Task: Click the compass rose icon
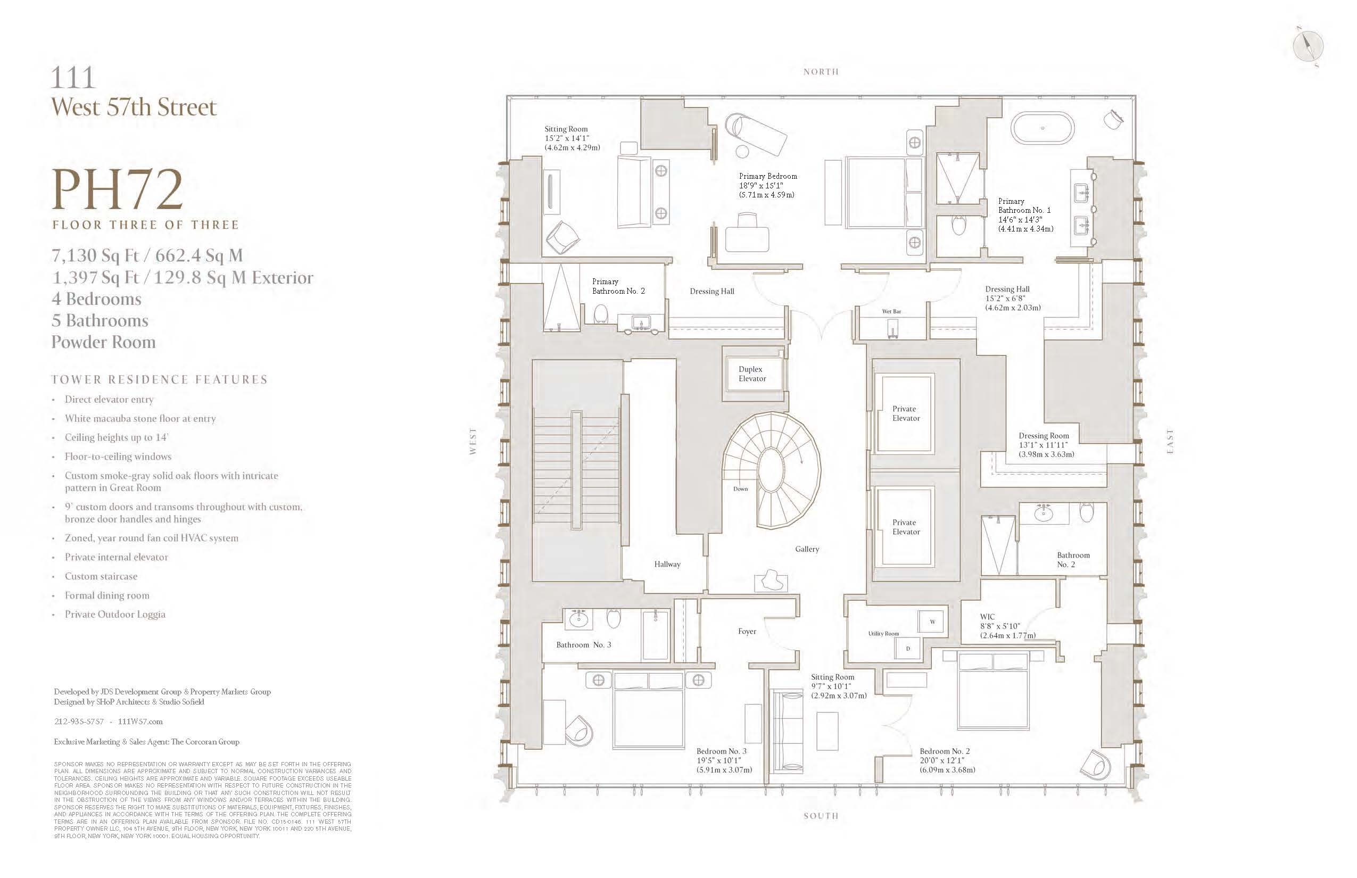coord(1309,46)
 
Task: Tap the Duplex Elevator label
coord(751,374)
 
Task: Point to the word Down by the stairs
coord(740,488)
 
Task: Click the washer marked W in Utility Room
coord(932,622)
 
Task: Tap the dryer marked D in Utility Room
coord(908,649)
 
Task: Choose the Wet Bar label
coord(891,311)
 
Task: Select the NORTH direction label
coord(821,72)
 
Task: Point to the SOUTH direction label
coord(821,816)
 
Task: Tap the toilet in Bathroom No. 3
coord(614,618)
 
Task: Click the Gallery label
coord(807,549)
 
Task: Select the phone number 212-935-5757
coord(79,721)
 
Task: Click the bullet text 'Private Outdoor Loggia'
coord(114,614)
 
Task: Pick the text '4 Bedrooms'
coord(96,299)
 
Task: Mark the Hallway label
coord(667,565)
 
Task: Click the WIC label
coord(987,616)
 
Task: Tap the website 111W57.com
coord(140,721)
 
